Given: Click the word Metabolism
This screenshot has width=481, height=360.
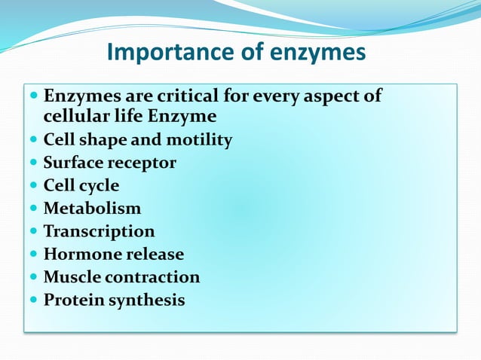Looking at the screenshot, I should coord(92,208).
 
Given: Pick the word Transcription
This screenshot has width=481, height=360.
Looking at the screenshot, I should coord(99,231).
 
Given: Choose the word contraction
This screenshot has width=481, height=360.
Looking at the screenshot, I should coord(152,277).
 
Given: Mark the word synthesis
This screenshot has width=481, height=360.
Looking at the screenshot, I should coord(147,301).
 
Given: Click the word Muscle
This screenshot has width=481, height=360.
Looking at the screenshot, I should coord(72,277).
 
